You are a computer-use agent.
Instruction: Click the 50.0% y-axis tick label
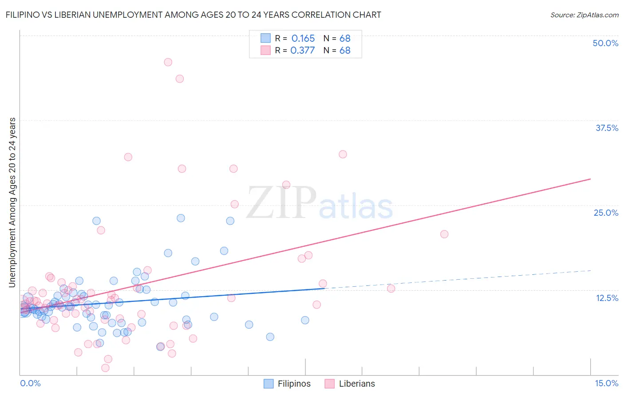tap(605, 43)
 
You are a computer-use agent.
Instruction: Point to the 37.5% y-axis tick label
tap(607, 128)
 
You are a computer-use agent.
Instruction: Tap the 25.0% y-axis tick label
tap(606, 213)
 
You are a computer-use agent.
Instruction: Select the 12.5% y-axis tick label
tap(607, 298)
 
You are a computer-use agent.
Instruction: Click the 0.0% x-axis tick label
tap(30, 383)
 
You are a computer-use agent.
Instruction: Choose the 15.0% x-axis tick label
tap(606, 383)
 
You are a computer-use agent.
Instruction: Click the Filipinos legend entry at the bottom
tap(287, 384)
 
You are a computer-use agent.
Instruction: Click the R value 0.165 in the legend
tap(303, 39)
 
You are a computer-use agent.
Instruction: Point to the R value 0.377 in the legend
tap(303, 51)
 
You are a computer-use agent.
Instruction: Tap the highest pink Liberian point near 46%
tap(168, 62)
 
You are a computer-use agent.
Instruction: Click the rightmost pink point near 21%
tap(444, 234)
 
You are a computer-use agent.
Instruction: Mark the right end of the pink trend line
tap(590, 179)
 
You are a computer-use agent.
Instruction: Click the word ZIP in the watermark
tap(281, 203)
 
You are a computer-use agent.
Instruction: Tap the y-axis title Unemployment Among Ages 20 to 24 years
tap(12, 202)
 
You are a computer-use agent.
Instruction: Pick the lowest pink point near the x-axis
tap(105, 368)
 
